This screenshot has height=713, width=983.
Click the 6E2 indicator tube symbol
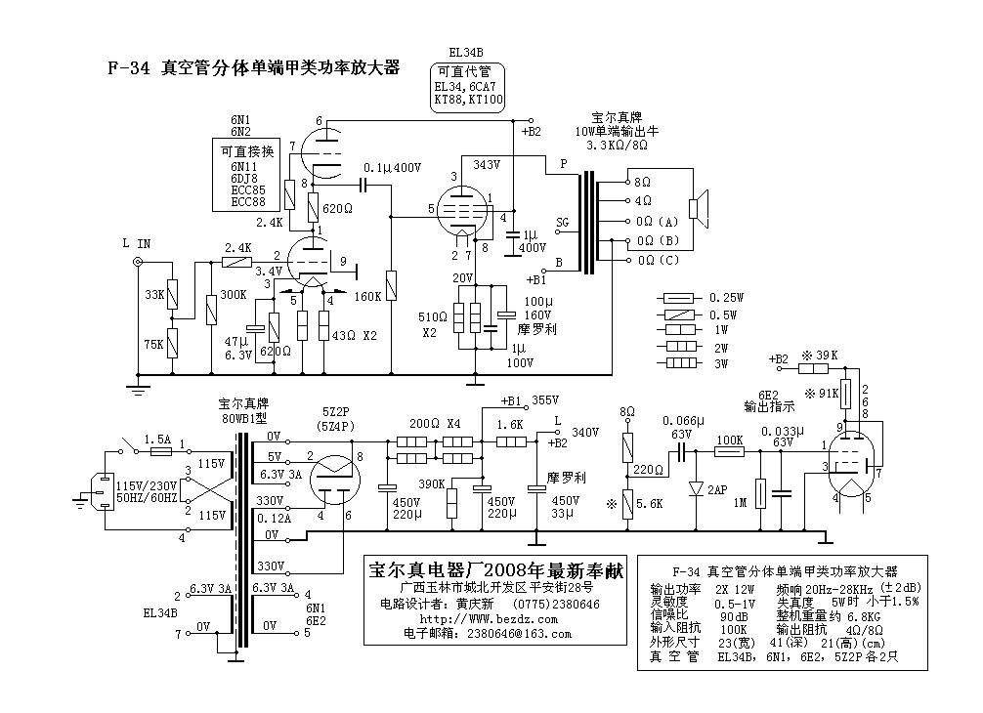click(x=852, y=463)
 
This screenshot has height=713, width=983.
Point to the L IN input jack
click(x=139, y=261)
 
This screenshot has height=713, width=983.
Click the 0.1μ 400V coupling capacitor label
click(x=393, y=168)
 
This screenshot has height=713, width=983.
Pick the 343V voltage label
click(x=487, y=164)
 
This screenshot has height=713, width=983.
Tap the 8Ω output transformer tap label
click(x=643, y=182)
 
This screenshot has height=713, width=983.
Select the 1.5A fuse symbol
click(x=162, y=451)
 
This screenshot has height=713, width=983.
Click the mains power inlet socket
click(x=104, y=492)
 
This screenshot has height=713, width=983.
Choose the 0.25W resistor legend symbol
click(x=679, y=298)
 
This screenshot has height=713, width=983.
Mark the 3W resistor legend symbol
click(x=681, y=362)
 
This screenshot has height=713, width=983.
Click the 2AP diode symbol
click(x=696, y=488)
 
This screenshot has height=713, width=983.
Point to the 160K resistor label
click(x=367, y=296)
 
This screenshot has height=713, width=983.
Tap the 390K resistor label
click(x=432, y=483)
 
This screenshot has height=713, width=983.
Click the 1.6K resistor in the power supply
click(x=511, y=442)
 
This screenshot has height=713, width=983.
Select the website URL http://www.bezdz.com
click(x=489, y=619)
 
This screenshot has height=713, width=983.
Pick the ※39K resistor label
click(x=820, y=356)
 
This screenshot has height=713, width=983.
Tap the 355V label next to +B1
click(x=545, y=399)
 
